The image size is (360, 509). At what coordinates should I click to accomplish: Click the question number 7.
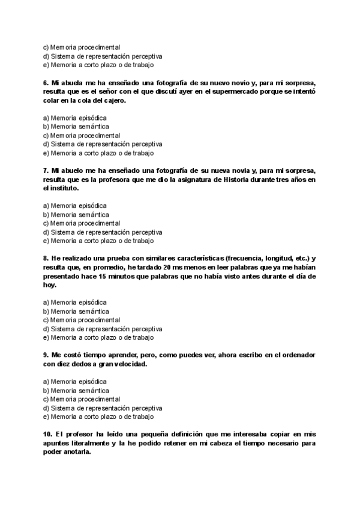click(46, 170)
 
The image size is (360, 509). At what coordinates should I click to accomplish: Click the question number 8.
click(46, 259)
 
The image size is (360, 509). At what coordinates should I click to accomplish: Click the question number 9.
click(46, 355)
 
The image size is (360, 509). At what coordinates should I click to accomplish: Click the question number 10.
click(48, 435)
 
